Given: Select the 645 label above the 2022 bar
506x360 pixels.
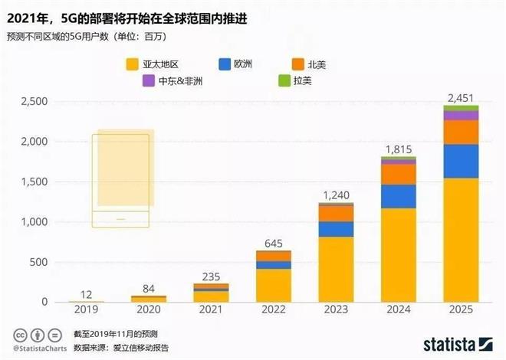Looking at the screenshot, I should [x=274, y=243].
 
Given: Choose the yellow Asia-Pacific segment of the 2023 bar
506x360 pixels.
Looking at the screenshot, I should [x=336, y=269].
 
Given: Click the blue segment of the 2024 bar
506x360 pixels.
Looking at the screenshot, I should [x=398, y=196].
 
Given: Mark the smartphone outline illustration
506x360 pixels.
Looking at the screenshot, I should [x=120, y=181].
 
